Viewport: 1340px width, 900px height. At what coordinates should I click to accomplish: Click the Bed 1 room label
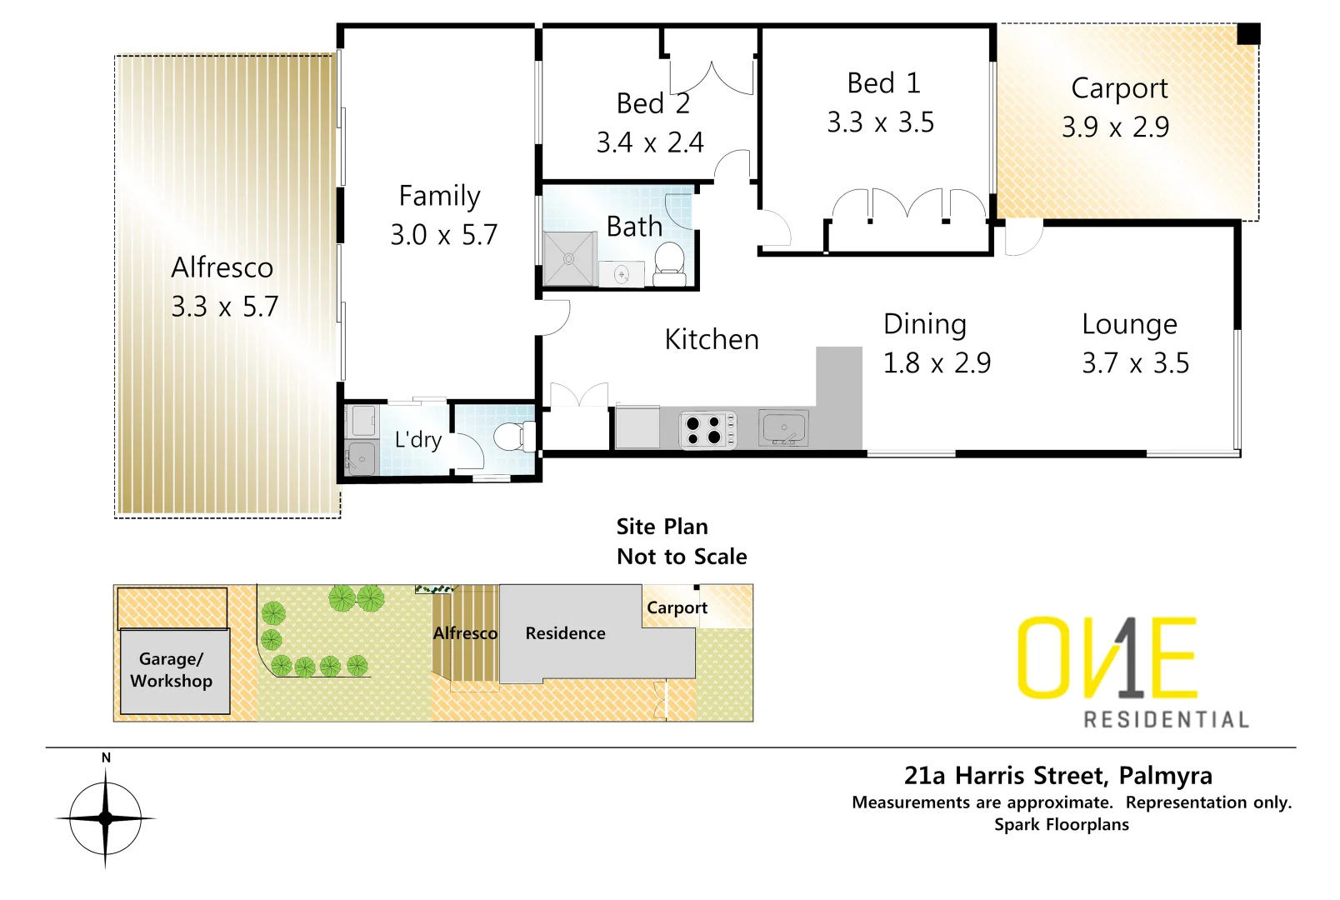[883, 83]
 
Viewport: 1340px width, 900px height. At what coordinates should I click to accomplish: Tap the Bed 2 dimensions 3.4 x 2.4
[650, 142]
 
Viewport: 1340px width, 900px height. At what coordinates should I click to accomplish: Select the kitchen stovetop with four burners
[708, 430]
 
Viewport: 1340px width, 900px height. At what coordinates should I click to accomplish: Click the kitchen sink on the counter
[783, 428]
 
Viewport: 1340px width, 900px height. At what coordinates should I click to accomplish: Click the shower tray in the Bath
[570, 259]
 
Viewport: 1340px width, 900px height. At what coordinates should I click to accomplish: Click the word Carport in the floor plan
[1119, 88]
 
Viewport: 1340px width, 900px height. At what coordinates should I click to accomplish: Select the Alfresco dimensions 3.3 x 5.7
[224, 307]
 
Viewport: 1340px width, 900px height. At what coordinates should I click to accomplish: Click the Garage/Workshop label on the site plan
[172, 669]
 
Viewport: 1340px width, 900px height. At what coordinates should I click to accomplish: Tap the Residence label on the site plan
[565, 633]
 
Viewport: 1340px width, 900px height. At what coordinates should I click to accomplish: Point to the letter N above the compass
[106, 757]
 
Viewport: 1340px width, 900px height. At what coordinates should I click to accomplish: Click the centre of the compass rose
[106, 818]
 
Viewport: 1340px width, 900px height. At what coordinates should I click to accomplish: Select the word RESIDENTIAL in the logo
[1165, 719]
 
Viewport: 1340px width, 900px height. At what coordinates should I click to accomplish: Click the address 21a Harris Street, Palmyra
[1057, 776]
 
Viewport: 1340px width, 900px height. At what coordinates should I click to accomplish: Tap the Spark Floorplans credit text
[1061, 824]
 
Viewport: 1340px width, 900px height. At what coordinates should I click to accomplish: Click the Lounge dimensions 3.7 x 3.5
[1135, 363]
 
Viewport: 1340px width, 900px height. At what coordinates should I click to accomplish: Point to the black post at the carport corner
[1247, 34]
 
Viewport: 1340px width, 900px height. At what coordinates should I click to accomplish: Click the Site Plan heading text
[662, 527]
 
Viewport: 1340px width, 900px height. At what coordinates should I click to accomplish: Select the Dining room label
[924, 324]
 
